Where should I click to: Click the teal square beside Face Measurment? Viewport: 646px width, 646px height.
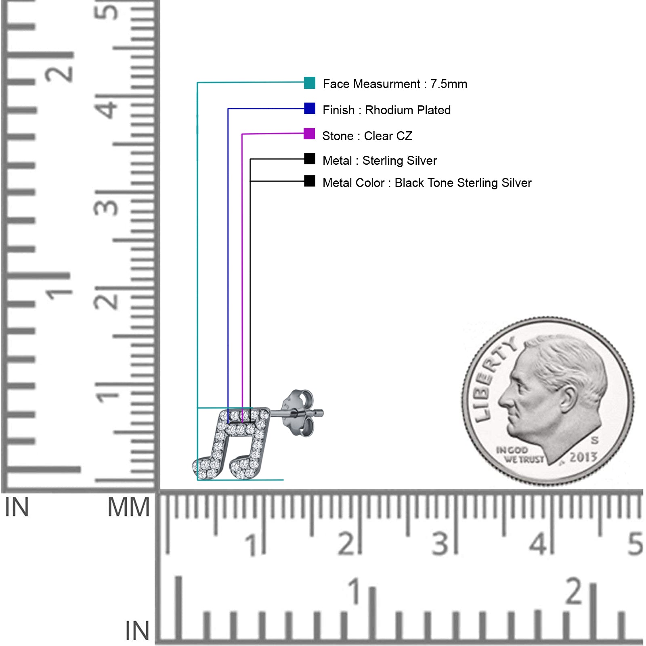click(x=309, y=83)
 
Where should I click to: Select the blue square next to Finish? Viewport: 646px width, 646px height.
click(x=310, y=108)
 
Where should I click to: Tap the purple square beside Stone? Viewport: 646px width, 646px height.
click(x=309, y=134)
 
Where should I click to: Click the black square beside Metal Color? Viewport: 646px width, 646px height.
click(x=310, y=181)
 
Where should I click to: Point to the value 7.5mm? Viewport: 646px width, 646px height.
click(x=449, y=84)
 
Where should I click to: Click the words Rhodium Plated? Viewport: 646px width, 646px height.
click(x=408, y=110)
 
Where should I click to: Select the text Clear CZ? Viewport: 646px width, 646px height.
click(x=388, y=136)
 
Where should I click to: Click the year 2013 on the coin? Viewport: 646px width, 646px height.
click(x=583, y=457)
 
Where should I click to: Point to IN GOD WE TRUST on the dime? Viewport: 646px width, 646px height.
click(x=520, y=455)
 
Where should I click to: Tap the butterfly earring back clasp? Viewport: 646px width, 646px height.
click(x=298, y=413)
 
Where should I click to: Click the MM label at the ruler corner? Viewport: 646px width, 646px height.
click(x=128, y=508)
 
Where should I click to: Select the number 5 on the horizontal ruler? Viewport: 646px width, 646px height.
click(x=635, y=543)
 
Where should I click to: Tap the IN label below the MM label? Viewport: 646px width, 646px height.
click(x=137, y=631)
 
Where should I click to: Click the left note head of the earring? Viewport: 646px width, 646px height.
click(x=206, y=468)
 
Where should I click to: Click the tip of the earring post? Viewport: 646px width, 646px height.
click(x=322, y=413)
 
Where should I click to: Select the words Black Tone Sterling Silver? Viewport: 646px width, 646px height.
click(x=463, y=183)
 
